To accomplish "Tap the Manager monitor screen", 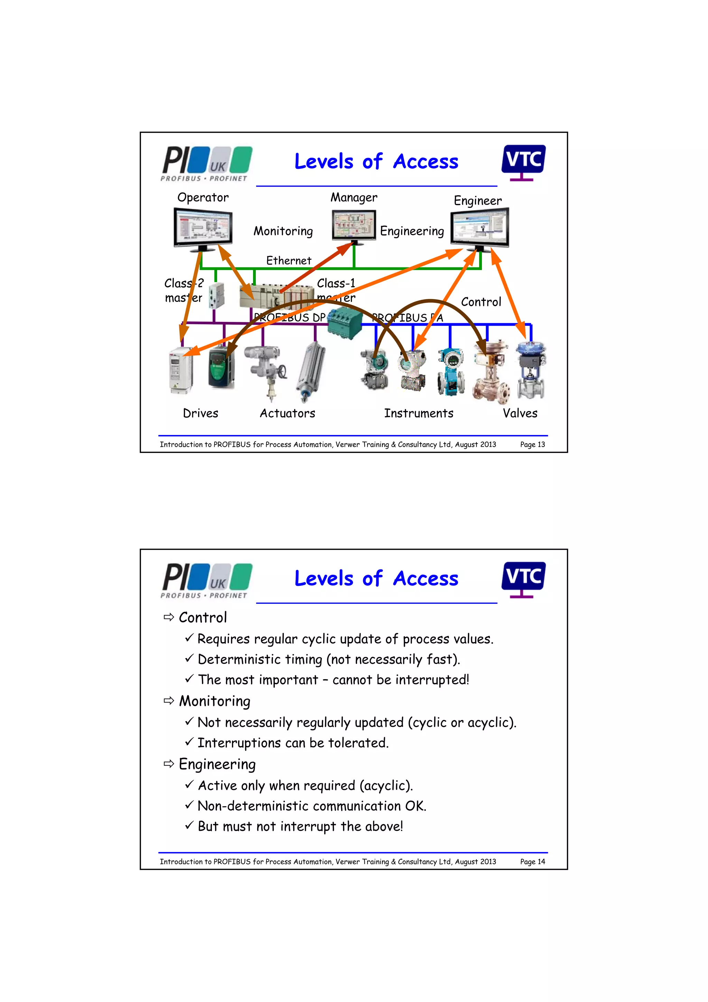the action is point(354,225).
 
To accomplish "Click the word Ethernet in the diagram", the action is point(289,261).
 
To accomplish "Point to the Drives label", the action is point(200,413).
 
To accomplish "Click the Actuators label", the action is point(288,413).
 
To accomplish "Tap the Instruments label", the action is point(418,413).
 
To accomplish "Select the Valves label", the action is point(520,413).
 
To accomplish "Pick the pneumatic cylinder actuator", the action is point(310,371).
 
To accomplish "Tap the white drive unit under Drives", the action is point(180,370).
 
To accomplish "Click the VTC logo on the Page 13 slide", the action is point(523,161).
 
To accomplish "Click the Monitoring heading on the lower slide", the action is point(215,701).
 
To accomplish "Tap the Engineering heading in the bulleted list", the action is point(217,764).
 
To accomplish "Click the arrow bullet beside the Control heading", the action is point(168,617).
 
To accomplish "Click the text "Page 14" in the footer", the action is point(532,862).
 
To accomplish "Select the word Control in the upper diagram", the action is point(481,302).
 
